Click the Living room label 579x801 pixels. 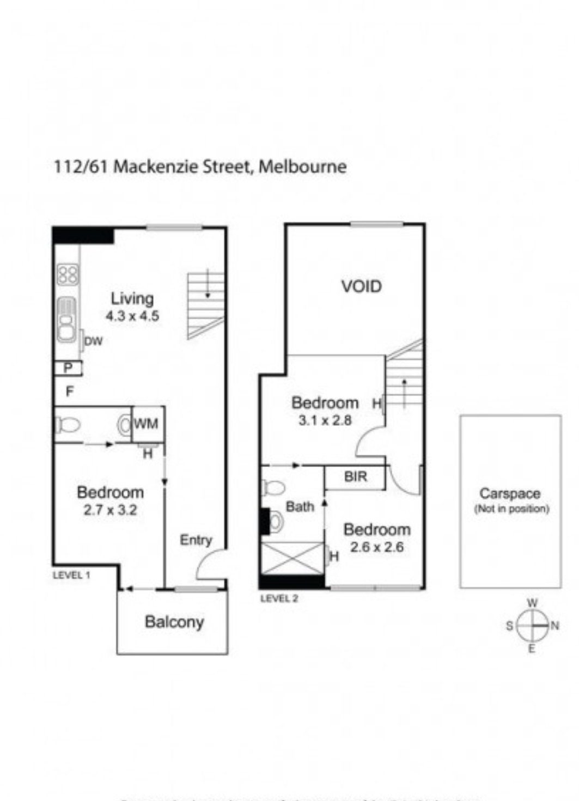click(132, 298)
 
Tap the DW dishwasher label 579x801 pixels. click(94, 341)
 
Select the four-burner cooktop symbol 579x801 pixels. click(68, 274)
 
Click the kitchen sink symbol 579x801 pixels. click(67, 320)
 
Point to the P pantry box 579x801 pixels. click(68, 369)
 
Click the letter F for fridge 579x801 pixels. click(69, 391)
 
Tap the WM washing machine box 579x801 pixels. click(146, 424)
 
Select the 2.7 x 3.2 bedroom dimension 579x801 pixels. click(110, 510)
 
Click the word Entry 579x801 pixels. click(196, 540)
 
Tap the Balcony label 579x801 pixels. click(174, 622)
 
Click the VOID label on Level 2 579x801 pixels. click(361, 286)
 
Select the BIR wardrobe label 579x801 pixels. click(356, 477)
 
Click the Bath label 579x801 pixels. click(300, 507)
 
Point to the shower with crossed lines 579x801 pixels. click(292, 557)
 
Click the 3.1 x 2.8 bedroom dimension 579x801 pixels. click(325, 420)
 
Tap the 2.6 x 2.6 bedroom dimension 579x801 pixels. click(376, 547)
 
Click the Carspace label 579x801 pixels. click(510, 493)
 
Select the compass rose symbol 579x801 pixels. click(532, 626)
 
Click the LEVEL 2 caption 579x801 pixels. click(279, 598)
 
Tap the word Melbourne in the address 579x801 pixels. click(302, 166)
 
